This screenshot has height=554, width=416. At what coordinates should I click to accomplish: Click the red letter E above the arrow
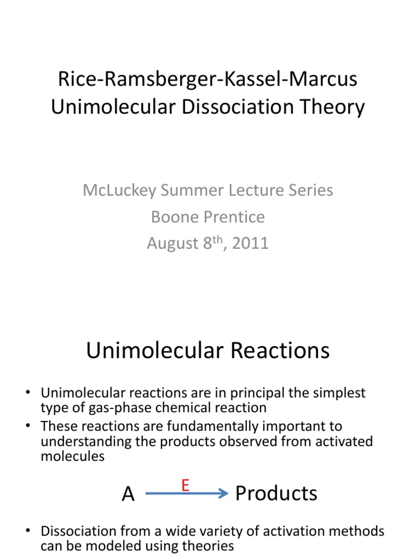click(185, 486)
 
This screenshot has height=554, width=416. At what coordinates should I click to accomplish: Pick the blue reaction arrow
click(187, 494)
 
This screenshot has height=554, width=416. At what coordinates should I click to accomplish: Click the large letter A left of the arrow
click(128, 494)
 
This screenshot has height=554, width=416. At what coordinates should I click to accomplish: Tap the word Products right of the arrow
click(276, 493)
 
